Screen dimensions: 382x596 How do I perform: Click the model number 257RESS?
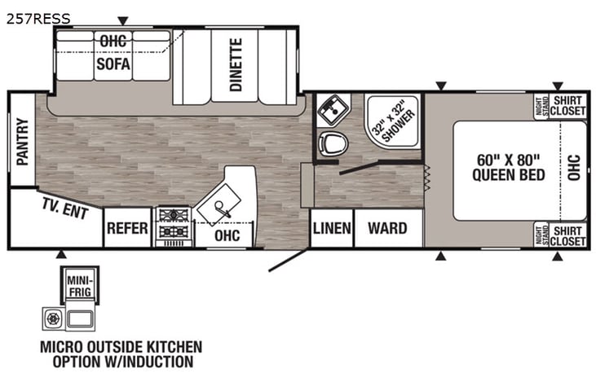pos(38,17)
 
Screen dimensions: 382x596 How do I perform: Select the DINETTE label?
pos(236,64)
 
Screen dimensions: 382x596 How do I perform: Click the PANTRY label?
pos(22,142)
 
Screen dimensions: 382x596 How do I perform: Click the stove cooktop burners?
pos(173,225)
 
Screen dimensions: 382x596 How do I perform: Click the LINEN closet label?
pos(332,228)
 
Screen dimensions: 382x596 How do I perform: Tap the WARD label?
pos(387,228)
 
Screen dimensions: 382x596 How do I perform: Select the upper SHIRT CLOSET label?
pos(567,107)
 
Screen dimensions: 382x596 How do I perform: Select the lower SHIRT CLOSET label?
pos(567,235)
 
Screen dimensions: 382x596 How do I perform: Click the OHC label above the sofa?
pos(113,39)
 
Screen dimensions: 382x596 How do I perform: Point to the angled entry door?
pos(288,260)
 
